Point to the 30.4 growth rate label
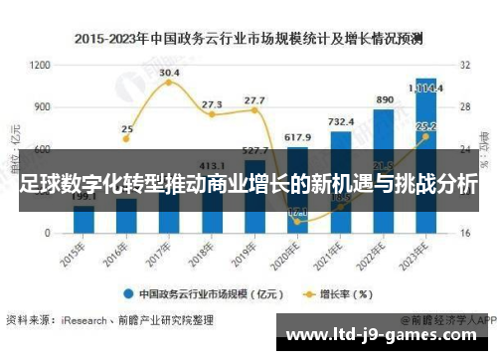point(169,73)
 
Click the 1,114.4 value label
point(427,86)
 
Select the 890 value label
point(384,100)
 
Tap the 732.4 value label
point(341,121)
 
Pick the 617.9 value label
point(298,137)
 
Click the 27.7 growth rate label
point(254,100)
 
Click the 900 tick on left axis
point(42,106)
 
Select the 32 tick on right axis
point(465,65)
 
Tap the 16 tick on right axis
point(465,233)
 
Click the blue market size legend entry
point(203,294)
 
